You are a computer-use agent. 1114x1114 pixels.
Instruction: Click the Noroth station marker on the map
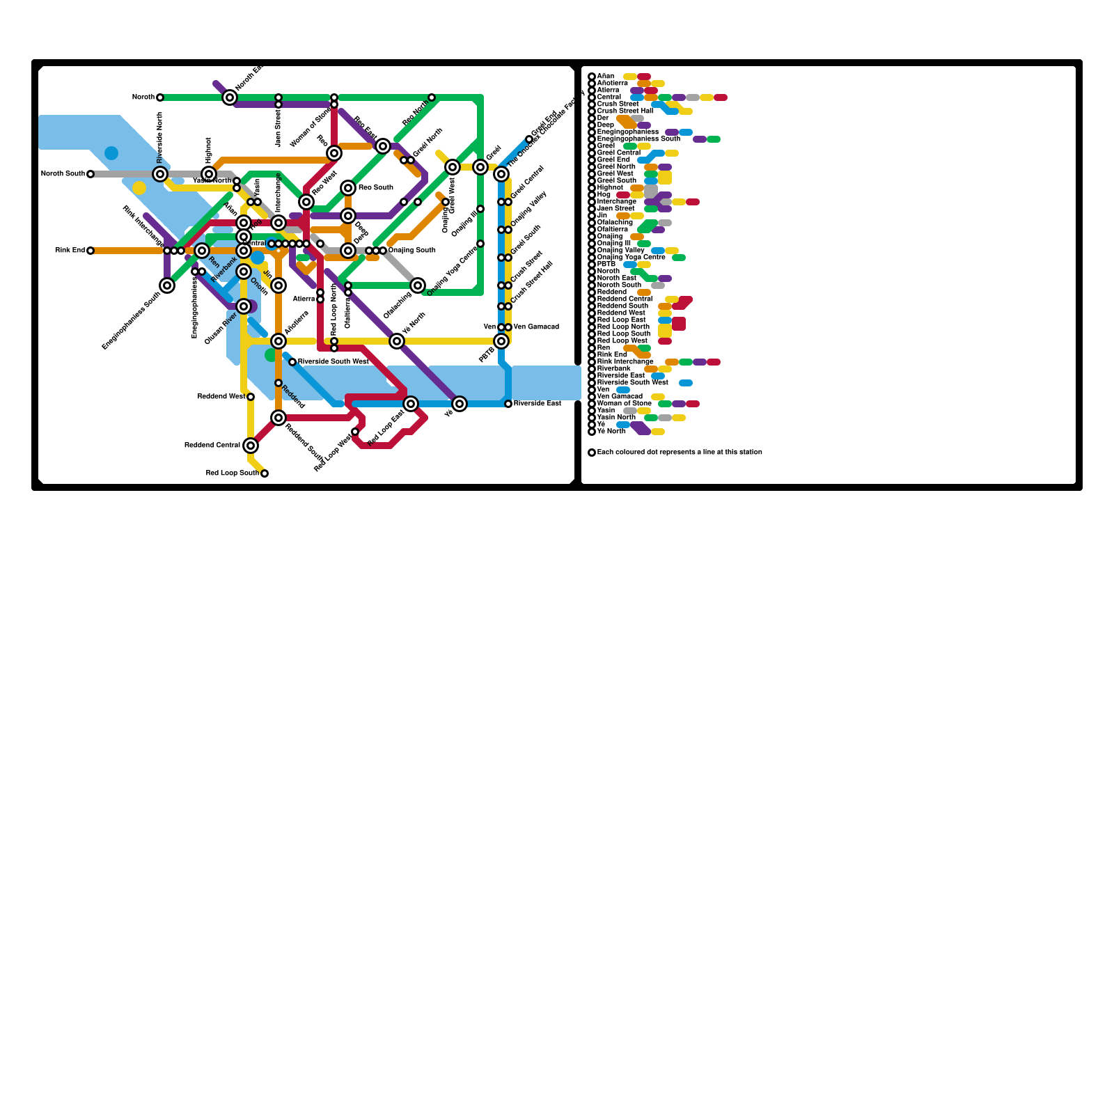[160, 97]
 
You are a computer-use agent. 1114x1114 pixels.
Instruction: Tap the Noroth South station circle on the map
[91, 174]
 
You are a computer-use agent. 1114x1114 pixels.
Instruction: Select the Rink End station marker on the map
[91, 251]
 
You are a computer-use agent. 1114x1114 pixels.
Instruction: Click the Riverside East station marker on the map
[508, 404]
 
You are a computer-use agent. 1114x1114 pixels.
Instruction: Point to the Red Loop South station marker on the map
[265, 473]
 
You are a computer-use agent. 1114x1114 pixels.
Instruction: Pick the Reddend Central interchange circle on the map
[251, 446]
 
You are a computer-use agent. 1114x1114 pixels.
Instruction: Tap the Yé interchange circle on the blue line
[460, 404]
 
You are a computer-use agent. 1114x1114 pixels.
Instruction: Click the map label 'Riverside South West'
[333, 362]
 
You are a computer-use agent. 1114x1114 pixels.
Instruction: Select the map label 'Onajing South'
[412, 251]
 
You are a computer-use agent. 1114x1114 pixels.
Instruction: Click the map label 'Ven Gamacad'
[536, 327]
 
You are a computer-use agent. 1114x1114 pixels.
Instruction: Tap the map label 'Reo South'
[376, 188]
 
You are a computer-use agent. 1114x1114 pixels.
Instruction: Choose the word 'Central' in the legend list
[609, 97]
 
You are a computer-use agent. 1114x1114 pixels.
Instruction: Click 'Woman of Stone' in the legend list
[625, 404]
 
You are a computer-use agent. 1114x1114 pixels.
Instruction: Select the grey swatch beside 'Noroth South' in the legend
[658, 285]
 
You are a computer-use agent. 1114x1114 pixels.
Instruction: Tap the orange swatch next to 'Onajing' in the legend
[637, 237]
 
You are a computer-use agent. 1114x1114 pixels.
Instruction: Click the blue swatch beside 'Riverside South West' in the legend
[686, 383]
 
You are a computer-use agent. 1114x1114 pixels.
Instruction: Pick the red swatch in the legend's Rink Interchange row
[714, 362]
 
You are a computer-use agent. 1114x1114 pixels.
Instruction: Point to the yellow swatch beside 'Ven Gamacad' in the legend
[658, 397]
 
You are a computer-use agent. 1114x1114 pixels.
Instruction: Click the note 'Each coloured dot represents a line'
[680, 453]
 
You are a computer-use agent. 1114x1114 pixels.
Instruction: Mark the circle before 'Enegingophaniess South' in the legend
[592, 139]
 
